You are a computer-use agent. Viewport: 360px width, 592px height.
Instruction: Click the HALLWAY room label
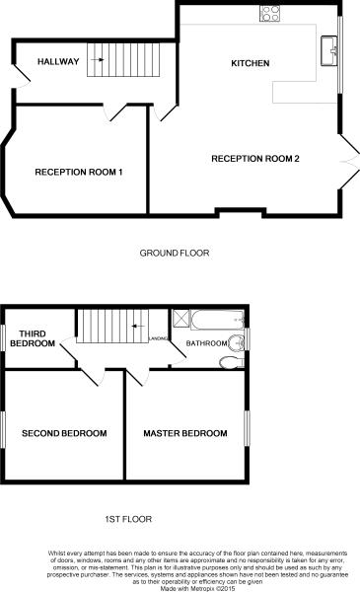coord(58,61)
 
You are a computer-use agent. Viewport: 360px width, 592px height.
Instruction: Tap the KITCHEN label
coord(250,63)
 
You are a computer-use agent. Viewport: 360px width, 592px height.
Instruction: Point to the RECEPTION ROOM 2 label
coord(255,159)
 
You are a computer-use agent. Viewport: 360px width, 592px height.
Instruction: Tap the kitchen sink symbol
coord(328,45)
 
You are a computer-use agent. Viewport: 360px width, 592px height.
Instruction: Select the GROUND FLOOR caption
coord(175,253)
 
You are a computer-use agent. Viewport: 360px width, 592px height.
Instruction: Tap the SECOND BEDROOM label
coord(64,433)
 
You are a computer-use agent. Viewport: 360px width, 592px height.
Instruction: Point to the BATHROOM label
coord(208,343)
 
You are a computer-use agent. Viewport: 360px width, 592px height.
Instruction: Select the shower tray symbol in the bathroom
coord(181,318)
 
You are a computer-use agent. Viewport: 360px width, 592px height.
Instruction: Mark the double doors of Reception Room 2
coord(349,160)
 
